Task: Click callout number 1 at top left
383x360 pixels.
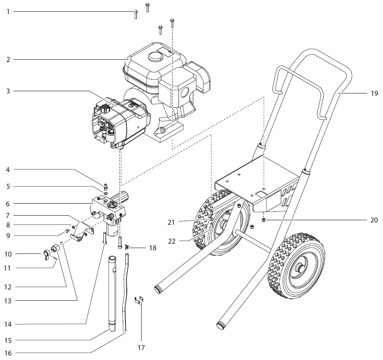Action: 8,11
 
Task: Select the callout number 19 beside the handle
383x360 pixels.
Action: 374,94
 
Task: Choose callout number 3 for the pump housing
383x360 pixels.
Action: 8,91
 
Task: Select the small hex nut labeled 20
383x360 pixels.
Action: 263,220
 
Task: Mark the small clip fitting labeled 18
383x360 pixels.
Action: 129,247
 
